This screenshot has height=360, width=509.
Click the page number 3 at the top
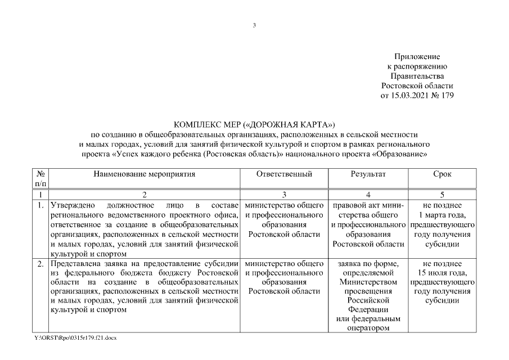254,25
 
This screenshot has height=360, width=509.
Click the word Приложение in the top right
417,57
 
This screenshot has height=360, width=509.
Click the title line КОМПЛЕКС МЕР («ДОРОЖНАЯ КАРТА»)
254,124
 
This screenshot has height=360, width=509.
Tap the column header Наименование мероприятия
145,174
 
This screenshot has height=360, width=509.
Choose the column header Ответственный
284,174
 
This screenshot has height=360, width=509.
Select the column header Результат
368,174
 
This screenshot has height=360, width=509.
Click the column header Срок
442,174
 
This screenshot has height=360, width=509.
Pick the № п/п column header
41,178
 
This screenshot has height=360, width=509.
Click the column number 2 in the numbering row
145,195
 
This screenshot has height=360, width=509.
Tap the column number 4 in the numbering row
368,195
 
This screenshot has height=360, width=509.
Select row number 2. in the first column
41,264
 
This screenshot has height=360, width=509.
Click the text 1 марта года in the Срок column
442,215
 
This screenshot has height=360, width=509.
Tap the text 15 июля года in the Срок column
442,273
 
